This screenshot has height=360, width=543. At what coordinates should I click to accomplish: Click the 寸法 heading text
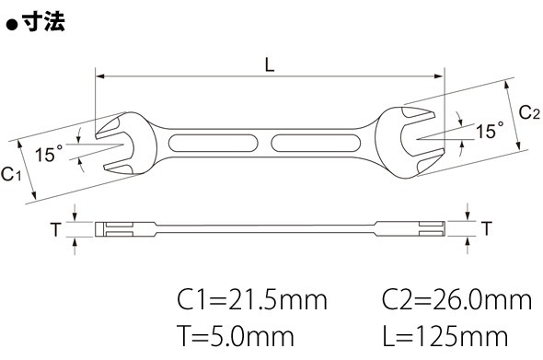click(x=43, y=22)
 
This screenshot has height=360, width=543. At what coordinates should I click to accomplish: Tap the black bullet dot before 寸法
click(x=12, y=26)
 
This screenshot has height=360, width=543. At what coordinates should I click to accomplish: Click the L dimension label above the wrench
click(x=270, y=64)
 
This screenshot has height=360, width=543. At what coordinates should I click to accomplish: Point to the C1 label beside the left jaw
click(x=11, y=174)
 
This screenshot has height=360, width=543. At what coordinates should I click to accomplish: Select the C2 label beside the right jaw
click(x=529, y=112)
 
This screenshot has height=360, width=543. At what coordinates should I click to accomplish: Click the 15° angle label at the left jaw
click(x=49, y=153)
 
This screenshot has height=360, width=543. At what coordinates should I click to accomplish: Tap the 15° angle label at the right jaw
click(x=490, y=130)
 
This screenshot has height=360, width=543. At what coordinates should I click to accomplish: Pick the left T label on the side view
click(x=56, y=229)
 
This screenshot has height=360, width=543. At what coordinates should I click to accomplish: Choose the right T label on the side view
click(x=487, y=228)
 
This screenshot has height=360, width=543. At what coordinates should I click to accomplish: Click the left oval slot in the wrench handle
click(x=213, y=143)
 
